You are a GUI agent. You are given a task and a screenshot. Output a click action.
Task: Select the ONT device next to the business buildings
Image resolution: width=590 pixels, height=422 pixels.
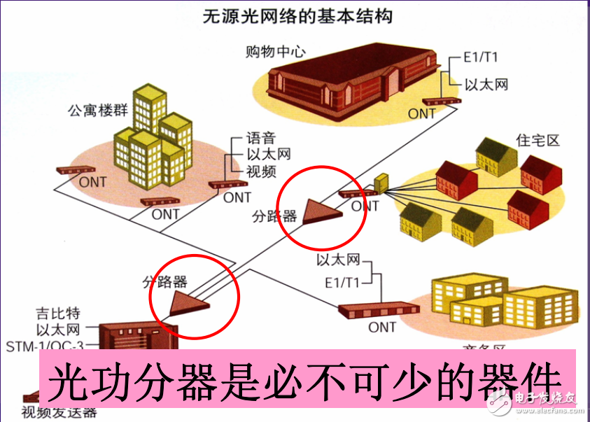click(x=379, y=309)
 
